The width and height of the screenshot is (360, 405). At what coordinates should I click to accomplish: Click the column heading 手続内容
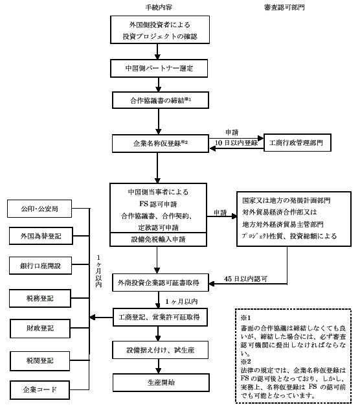click(159, 7)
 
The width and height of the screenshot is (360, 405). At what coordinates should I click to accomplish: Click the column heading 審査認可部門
click(284, 7)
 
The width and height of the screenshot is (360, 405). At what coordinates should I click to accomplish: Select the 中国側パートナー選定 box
click(159, 68)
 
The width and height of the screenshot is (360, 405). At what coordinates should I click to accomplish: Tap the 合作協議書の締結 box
click(161, 100)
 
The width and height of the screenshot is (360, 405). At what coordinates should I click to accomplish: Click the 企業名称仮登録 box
click(161, 143)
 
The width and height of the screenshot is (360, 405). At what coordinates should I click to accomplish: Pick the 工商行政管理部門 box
click(297, 143)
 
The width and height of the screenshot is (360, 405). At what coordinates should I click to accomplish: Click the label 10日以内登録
click(236, 143)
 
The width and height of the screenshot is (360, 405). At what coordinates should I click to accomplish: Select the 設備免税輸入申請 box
click(158, 239)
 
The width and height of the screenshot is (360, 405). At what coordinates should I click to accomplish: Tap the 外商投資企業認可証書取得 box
click(161, 283)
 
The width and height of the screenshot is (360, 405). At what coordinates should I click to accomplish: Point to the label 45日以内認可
click(245, 279)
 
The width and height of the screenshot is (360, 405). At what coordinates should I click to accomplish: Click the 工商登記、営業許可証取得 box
click(161, 317)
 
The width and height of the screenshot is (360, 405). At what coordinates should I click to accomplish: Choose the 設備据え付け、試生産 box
click(161, 350)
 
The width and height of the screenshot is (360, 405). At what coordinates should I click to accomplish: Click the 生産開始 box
click(161, 382)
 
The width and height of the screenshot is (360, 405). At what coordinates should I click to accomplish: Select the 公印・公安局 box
click(39, 209)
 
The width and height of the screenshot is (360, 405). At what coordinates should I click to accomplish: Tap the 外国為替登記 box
click(41, 236)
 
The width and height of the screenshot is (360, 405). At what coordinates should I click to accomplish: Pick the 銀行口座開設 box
click(40, 266)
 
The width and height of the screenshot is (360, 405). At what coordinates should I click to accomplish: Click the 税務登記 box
click(40, 299)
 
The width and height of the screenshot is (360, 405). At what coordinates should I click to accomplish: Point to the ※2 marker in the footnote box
click(245, 362)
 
